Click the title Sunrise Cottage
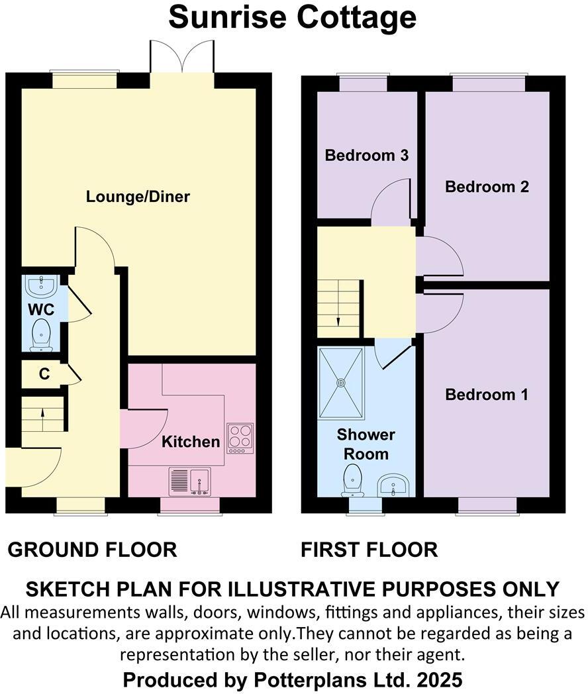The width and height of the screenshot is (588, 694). click(292, 18)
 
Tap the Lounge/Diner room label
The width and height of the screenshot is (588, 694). click(138, 197)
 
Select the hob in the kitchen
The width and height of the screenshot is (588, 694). click(240, 438)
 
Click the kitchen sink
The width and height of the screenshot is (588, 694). click(190, 481)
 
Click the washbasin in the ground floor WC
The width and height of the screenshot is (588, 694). click(42, 286)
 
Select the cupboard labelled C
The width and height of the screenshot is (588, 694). click(44, 374)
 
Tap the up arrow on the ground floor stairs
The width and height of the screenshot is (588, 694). click(43, 415)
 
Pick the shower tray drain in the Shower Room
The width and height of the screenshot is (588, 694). click(341, 382)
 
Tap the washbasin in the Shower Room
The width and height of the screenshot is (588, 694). click(395, 485)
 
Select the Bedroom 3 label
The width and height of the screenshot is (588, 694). click(366, 156)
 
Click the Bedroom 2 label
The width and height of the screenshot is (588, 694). click(487, 187)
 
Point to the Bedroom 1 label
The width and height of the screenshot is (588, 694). click(487, 395)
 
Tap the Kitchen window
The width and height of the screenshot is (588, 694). click(191, 505)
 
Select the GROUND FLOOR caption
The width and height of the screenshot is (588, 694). click(92, 550)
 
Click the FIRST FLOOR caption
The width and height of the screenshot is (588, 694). click(369, 550)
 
